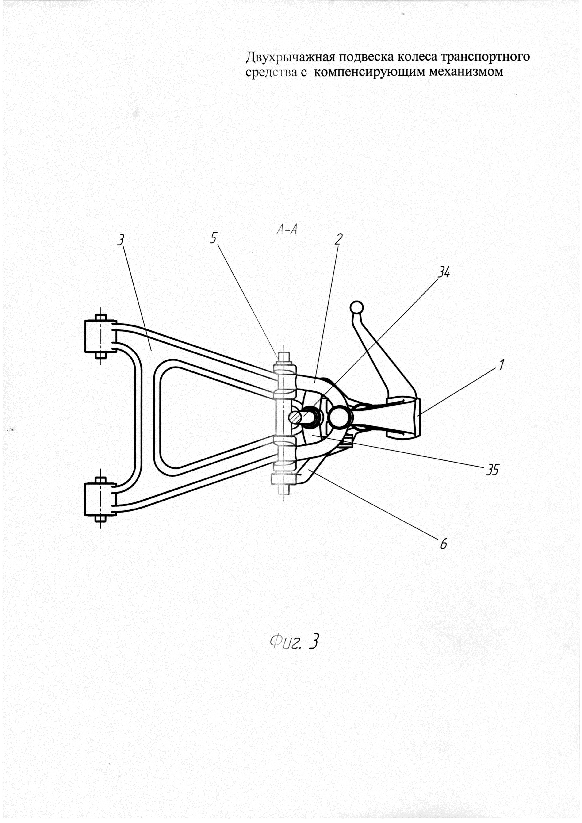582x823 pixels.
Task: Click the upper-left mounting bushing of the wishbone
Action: point(100,336)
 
